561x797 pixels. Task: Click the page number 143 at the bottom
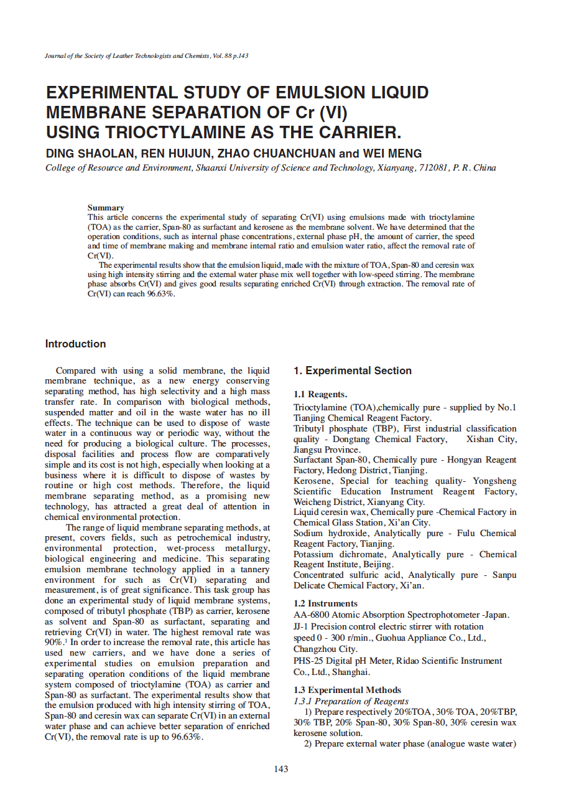(281, 769)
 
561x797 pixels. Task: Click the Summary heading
(106, 208)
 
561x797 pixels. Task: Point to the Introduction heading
(75, 344)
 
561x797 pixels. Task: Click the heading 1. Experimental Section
(352, 370)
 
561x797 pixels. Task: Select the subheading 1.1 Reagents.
(320, 394)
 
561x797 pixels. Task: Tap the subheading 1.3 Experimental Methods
(347, 690)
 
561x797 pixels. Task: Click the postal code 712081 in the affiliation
(433, 168)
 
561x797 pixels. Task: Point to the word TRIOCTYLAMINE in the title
(203, 133)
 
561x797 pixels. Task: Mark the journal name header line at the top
(147, 56)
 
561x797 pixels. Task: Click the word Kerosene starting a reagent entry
(311, 481)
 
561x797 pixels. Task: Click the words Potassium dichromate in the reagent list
(340, 554)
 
